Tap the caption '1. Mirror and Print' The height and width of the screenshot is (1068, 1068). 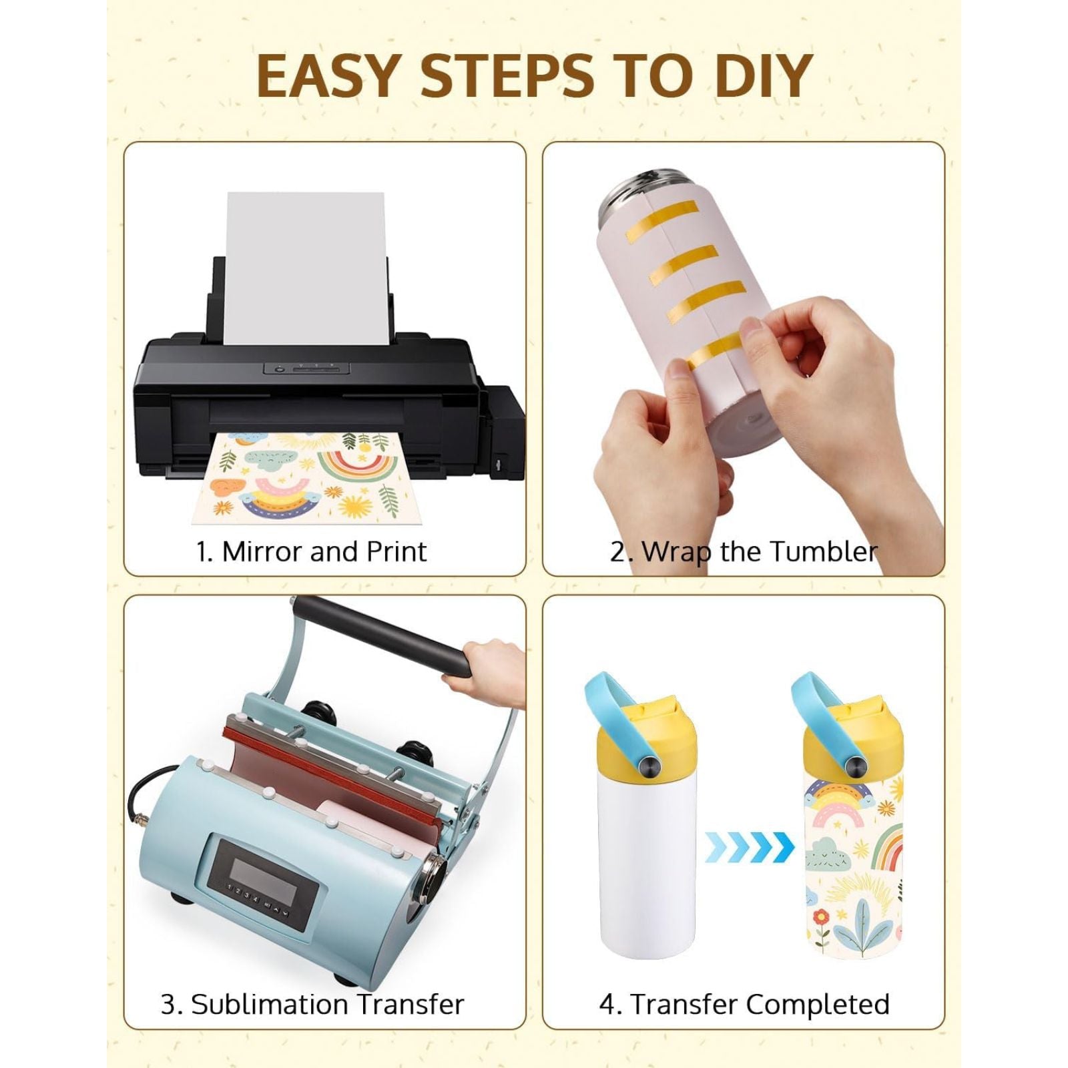point(311,552)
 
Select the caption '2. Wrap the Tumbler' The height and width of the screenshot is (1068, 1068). point(743,552)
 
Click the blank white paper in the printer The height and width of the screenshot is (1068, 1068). point(306,267)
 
